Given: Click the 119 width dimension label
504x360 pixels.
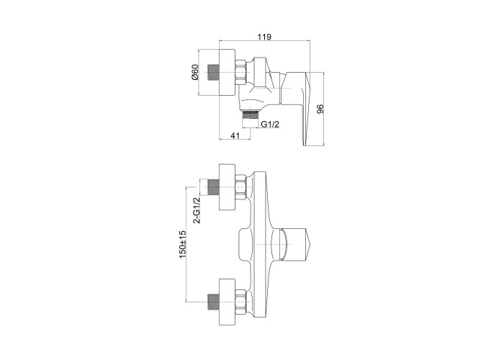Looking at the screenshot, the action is click(x=264, y=37).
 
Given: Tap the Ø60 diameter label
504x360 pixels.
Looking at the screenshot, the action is click(x=195, y=72).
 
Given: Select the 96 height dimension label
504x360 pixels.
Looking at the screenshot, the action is click(x=320, y=109).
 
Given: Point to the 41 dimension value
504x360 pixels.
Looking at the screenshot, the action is click(x=235, y=135).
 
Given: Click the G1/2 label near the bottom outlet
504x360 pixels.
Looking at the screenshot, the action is click(x=270, y=124).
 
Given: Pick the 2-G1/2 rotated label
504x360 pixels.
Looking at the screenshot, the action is click(x=196, y=210).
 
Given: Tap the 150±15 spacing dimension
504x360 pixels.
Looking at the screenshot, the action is click(x=183, y=244).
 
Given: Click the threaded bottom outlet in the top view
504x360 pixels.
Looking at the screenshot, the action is click(x=251, y=115).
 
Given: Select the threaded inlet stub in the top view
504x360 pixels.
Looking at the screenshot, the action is click(x=214, y=72).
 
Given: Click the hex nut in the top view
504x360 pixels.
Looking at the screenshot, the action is click(x=242, y=73).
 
